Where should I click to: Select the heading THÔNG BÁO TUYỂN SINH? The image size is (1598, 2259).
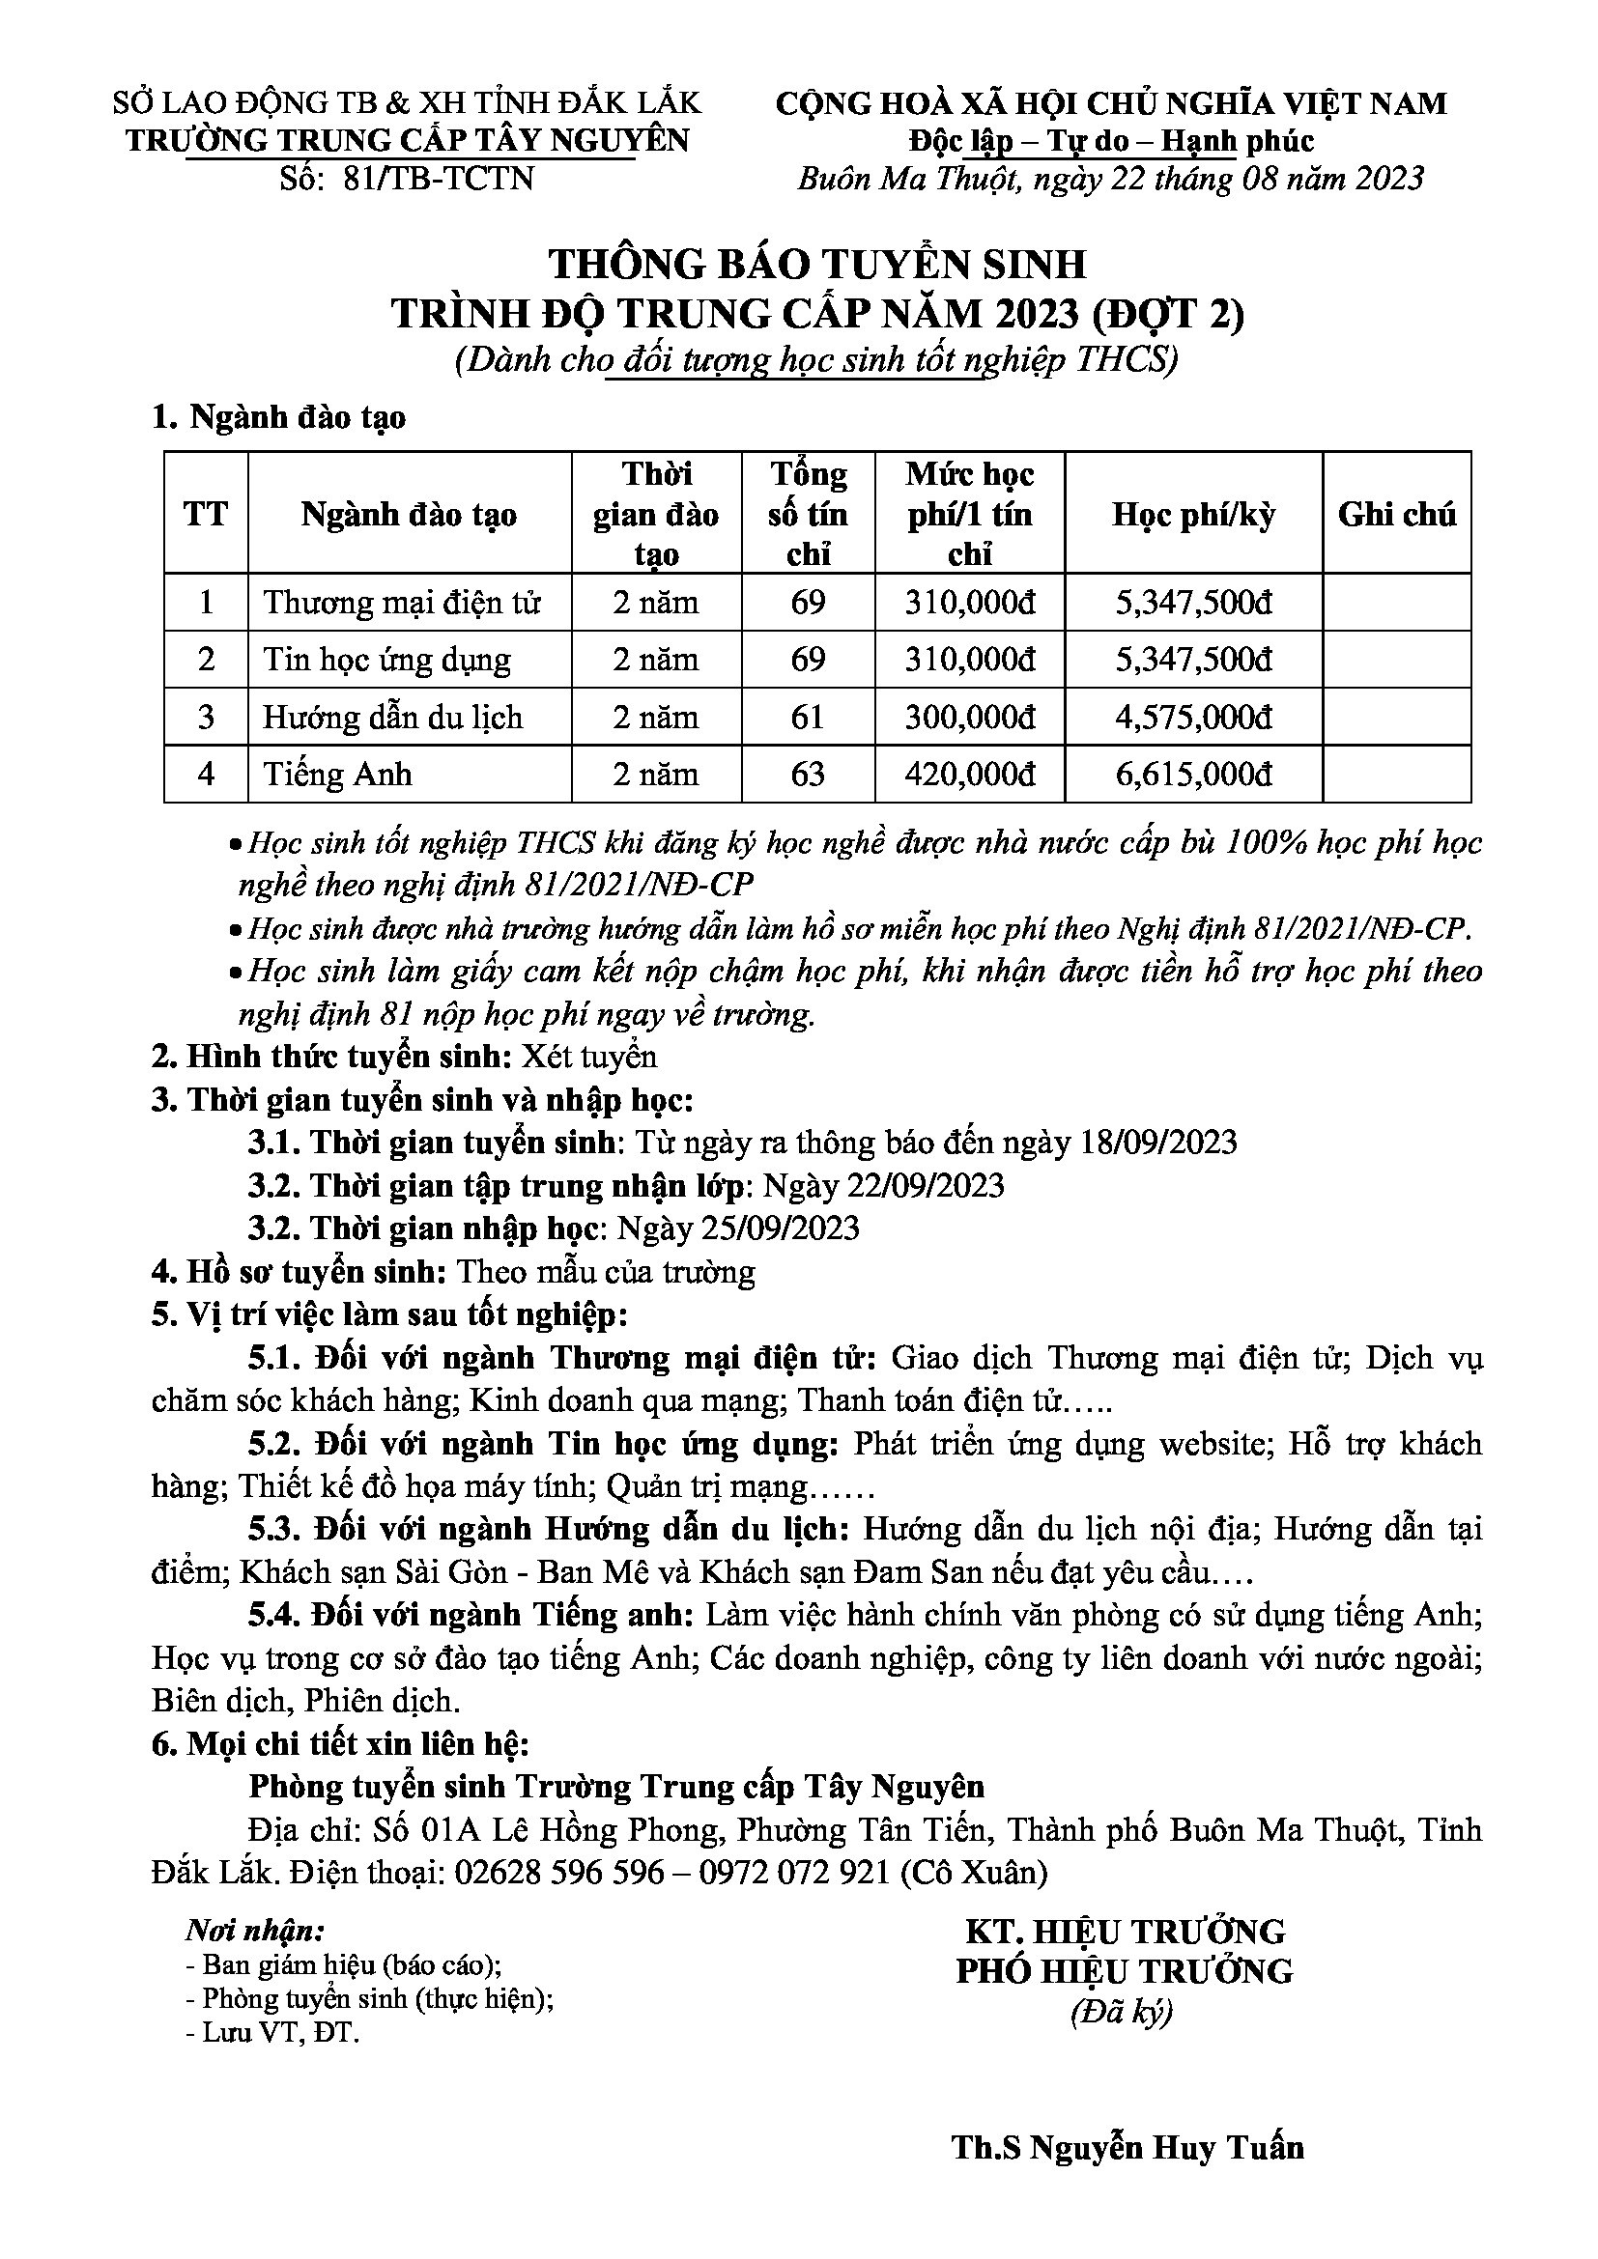[x=817, y=265]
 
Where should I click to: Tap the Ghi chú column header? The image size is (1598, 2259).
[x=1396, y=515]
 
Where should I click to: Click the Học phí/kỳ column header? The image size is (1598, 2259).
[x=1192, y=515]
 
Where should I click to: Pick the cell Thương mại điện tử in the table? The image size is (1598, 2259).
[x=402, y=602]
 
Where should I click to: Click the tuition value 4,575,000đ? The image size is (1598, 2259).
[x=1192, y=718]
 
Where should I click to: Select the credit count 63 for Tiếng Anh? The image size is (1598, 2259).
[x=808, y=775]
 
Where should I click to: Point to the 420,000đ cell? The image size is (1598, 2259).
[x=969, y=775]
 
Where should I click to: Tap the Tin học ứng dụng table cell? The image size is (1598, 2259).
[x=386, y=660]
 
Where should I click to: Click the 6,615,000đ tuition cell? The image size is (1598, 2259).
[x=1192, y=775]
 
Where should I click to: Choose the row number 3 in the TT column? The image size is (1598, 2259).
[x=206, y=718]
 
